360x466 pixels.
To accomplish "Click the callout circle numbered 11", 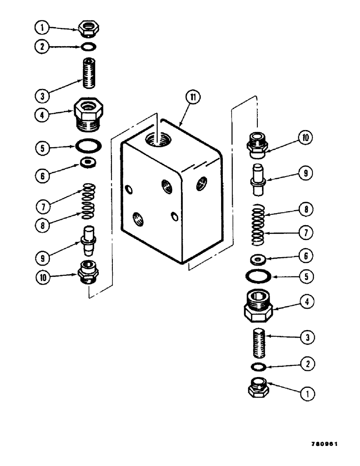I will pyautogui.click(x=192, y=97).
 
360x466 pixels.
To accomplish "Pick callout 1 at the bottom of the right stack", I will pyautogui.click(x=307, y=394).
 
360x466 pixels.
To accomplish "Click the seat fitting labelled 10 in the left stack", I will pyautogui.click(x=87, y=271).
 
